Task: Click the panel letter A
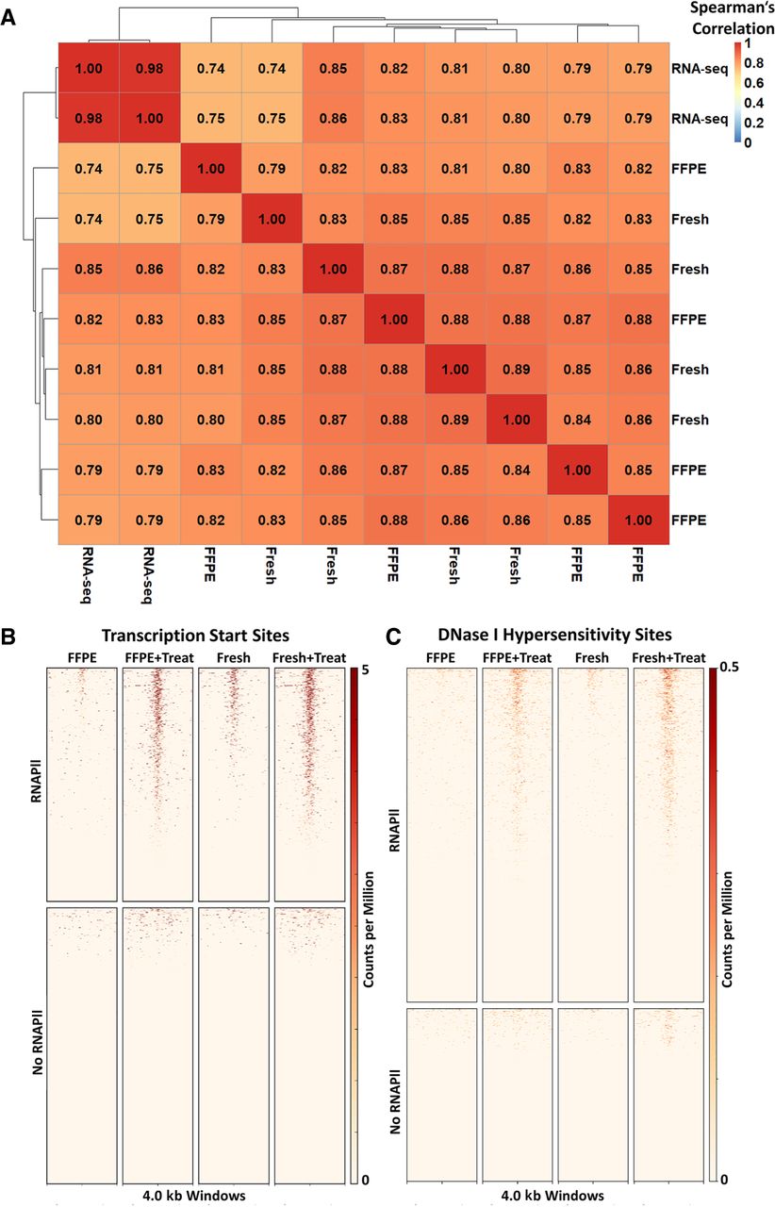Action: pos(8,18)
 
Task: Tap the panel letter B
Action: pos(8,637)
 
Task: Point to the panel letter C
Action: pos(393,637)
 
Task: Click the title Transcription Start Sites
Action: pos(195,636)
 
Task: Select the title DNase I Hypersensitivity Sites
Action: pos(554,635)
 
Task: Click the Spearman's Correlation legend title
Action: pos(732,18)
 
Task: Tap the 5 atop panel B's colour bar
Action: pos(365,670)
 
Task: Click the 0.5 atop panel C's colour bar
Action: pos(729,667)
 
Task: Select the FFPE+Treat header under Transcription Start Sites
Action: pos(159,658)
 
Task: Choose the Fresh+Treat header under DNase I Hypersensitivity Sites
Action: pos(668,658)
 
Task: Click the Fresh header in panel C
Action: pos(592,658)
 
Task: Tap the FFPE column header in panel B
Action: pos(82,658)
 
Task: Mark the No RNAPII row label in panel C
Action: pos(395,1101)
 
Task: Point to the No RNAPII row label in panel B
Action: pos(37,1042)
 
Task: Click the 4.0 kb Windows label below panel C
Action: pos(552,1196)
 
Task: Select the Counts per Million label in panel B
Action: pos(369,930)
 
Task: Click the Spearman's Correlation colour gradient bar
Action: pos(737,92)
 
